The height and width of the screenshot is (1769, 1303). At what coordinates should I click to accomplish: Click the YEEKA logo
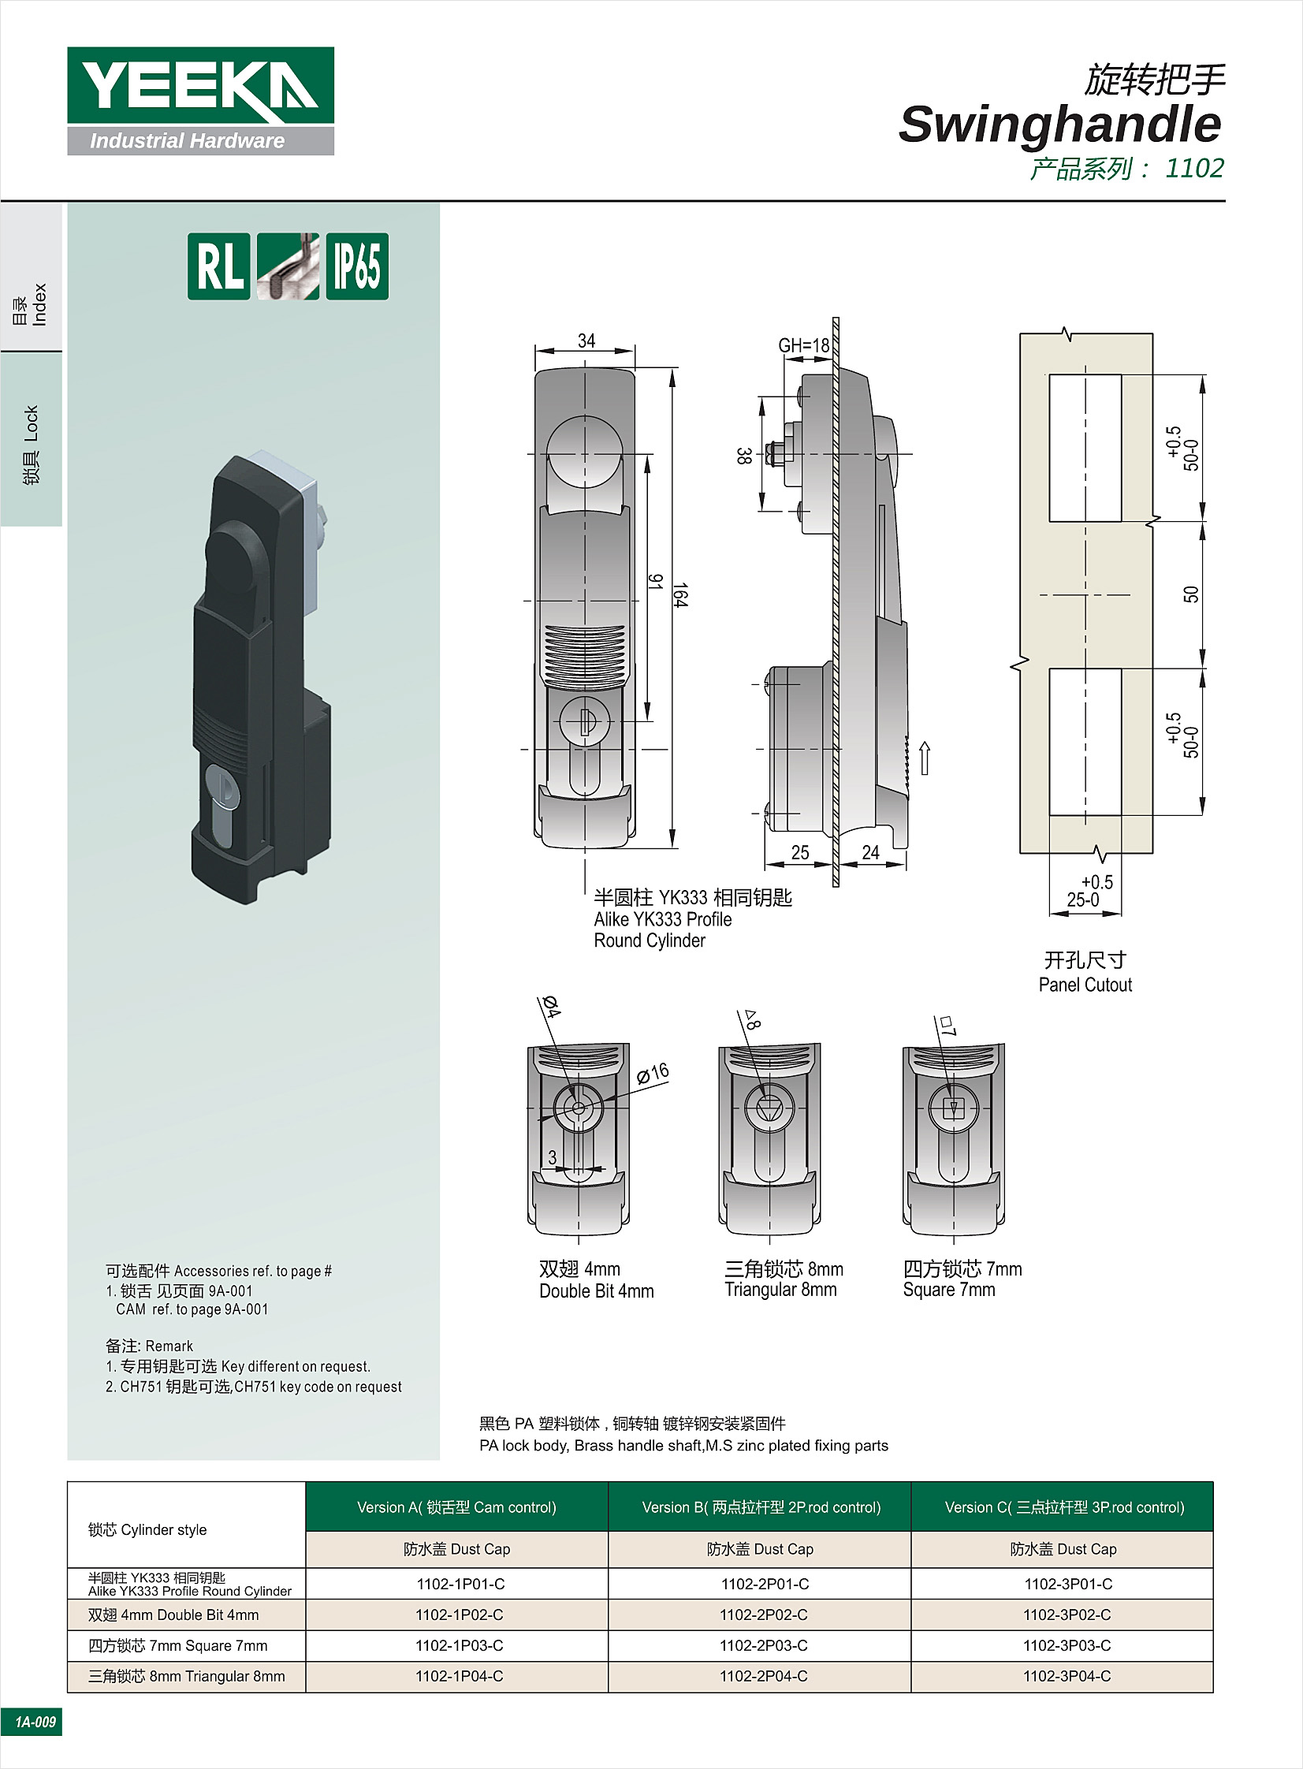click(200, 100)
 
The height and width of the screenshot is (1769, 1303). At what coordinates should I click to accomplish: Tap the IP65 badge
click(357, 266)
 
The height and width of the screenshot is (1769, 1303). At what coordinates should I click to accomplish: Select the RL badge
click(218, 266)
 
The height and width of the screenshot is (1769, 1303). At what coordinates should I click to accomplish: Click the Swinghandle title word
click(1059, 125)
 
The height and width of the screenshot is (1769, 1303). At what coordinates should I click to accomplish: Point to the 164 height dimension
click(680, 594)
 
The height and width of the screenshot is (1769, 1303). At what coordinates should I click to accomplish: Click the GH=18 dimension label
click(804, 345)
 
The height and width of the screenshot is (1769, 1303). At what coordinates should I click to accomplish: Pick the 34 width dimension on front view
click(586, 341)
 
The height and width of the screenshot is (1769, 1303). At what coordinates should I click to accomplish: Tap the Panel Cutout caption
click(1085, 985)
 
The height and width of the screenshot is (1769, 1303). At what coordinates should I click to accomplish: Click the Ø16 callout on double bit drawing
click(653, 1073)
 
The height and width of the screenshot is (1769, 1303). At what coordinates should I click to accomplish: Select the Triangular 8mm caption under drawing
click(780, 1290)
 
